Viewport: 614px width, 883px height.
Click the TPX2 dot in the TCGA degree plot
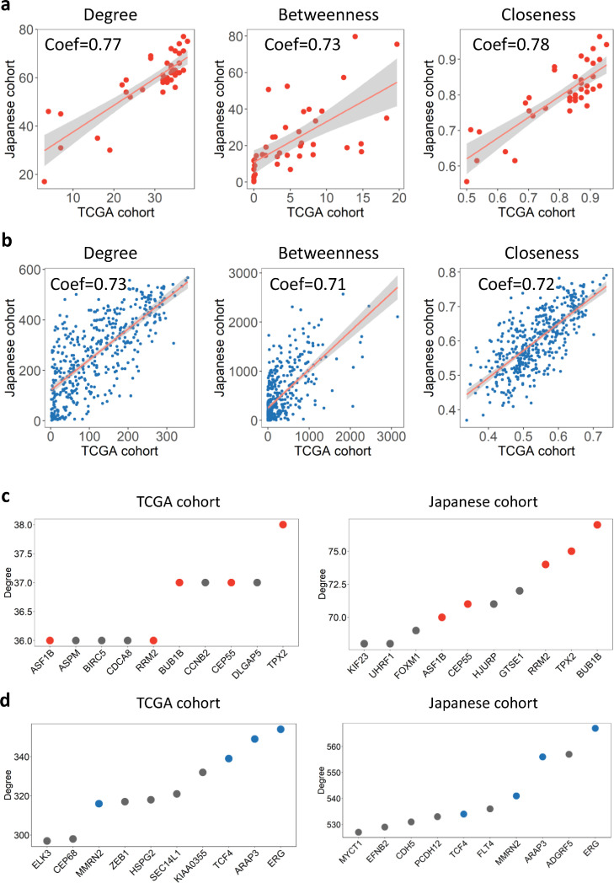pos(283,524)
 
